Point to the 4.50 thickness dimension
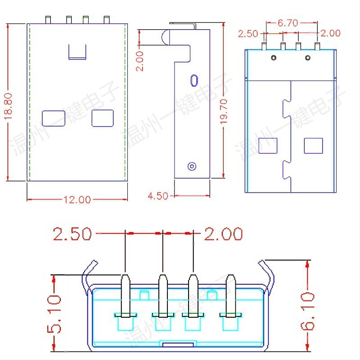click(x=158, y=196)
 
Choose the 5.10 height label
click(x=55, y=313)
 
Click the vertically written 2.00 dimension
click(x=140, y=61)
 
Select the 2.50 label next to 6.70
click(x=248, y=33)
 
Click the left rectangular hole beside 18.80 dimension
click(x=54, y=118)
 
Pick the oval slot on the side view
click(x=194, y=80)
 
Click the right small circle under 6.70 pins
click(x=308, y=58)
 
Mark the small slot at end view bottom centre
click(x=179, y=344)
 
